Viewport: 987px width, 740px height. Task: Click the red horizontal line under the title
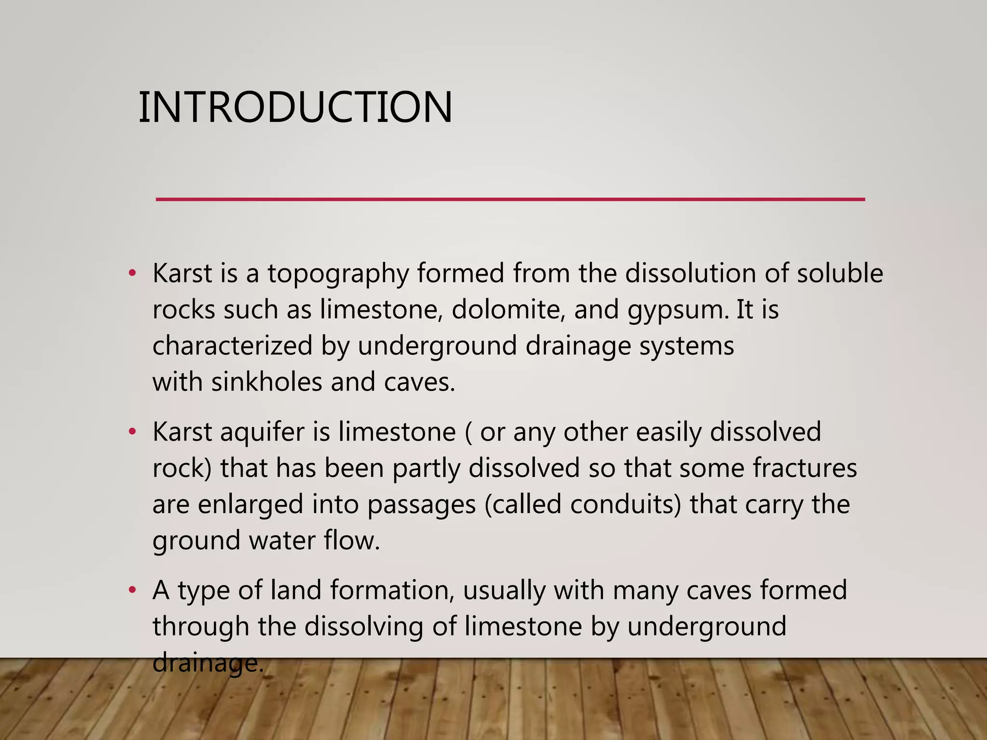[x=510, y=199]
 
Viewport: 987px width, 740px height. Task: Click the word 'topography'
[x=338, y=274]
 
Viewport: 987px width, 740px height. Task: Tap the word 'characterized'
[x=232, y=346]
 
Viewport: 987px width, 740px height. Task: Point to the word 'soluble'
[x=840, y=274]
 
